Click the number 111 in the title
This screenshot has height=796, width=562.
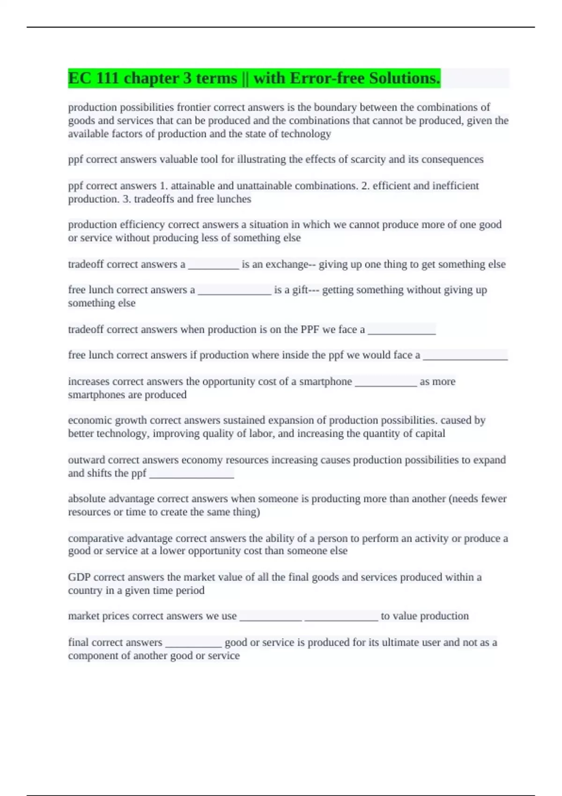[x=107, y=78]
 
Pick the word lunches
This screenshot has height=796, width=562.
[x=234, y=199]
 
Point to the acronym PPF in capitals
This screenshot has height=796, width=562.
[x=310, y=330]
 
